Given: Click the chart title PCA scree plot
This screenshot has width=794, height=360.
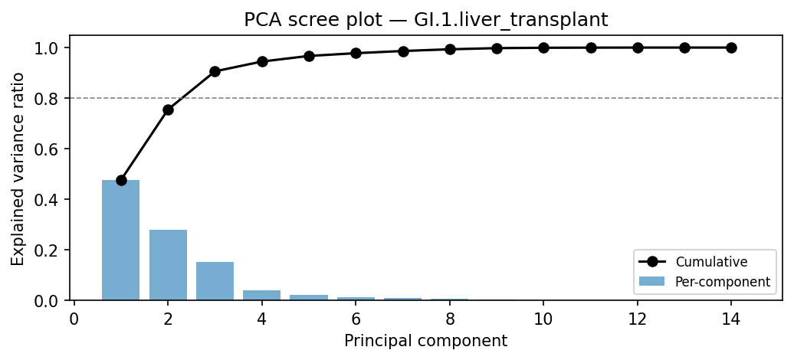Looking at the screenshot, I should (425, 21).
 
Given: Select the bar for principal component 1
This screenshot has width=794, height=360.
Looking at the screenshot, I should (121, 241).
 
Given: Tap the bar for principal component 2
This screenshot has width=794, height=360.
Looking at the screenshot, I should (168, 265).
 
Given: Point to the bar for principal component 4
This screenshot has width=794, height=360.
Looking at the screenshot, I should (262, 295).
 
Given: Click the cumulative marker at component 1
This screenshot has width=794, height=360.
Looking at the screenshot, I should (121, 180).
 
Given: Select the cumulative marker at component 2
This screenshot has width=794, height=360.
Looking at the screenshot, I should (168, 110).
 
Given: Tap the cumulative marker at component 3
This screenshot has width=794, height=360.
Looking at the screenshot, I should (215, 71).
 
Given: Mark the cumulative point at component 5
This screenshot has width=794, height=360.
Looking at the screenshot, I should (309, 56).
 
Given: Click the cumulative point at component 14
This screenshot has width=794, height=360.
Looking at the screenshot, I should (731, 47).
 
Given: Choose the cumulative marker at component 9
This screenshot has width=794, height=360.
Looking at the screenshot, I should (497, 48).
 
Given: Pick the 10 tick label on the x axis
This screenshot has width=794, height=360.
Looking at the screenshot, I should (543, 318).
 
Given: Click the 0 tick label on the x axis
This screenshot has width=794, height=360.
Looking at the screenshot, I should (74, 318).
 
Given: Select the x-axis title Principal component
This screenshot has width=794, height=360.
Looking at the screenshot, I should (425, 341).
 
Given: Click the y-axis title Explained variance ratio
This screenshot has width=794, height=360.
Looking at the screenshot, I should (18, 169).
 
